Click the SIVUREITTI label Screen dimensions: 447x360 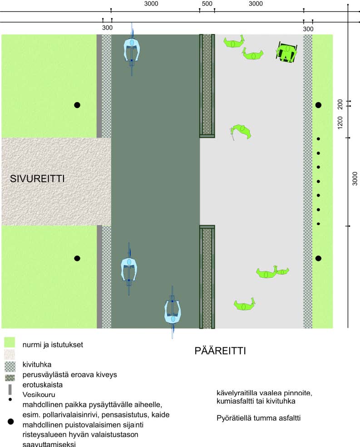[37, 179]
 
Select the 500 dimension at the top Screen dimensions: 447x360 [207, 4]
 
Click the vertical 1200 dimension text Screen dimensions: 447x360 [340, 122]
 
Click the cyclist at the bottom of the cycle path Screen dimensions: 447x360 [173, 312]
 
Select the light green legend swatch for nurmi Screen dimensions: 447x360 [10, 343]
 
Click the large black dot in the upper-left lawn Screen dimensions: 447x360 [77, 105]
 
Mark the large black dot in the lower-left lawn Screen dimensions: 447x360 [77, 258]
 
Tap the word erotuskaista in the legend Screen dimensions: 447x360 [43, 384]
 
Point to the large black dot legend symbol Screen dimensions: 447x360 [10, 422]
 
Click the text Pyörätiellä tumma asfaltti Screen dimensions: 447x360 [259, 418]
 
